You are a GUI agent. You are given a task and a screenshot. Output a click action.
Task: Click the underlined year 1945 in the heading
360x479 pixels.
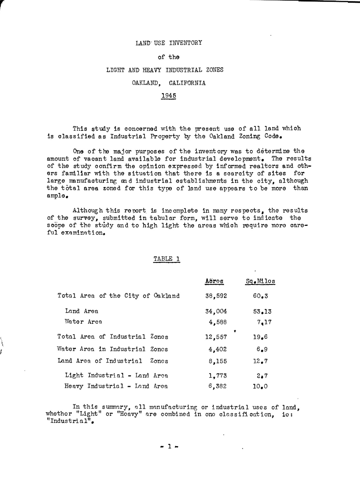pos(169,96)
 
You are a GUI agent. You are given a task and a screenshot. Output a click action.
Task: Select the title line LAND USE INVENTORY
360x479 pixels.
pos(169,43)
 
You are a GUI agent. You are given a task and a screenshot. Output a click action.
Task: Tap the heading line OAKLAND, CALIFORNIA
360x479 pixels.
pos(169,83)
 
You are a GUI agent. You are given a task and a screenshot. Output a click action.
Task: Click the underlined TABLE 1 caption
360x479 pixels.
pos(167,259)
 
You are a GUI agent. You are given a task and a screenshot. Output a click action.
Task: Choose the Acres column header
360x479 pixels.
pos(214,281)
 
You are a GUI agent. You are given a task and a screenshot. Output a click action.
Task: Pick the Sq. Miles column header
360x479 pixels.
pos(260,281)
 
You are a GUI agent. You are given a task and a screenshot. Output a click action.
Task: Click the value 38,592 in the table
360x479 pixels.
pos(216,296)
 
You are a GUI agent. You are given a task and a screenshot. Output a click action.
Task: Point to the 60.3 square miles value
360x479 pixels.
pos(260,296)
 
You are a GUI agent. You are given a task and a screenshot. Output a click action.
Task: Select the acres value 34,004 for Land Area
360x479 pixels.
pos(216,311)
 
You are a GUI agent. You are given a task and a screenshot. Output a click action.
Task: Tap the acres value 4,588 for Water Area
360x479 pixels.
pos(217,322)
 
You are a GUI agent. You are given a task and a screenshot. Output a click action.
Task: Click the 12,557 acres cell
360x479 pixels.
pos(216,337)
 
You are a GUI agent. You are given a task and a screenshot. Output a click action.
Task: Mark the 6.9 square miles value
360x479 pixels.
pos(262,350)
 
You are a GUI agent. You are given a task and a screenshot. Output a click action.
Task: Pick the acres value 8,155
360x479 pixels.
pos(217,361)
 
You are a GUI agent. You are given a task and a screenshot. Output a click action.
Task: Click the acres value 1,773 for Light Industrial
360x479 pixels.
pos(217,376)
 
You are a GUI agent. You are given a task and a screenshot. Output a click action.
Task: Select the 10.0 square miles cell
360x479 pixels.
pos(260,387)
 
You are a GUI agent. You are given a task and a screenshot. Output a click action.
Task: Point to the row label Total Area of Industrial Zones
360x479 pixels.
pos(113,337)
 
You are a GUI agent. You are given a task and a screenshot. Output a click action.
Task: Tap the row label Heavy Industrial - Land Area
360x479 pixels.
pos(116,386)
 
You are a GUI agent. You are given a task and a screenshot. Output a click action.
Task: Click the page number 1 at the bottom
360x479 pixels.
pos(169,447)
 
